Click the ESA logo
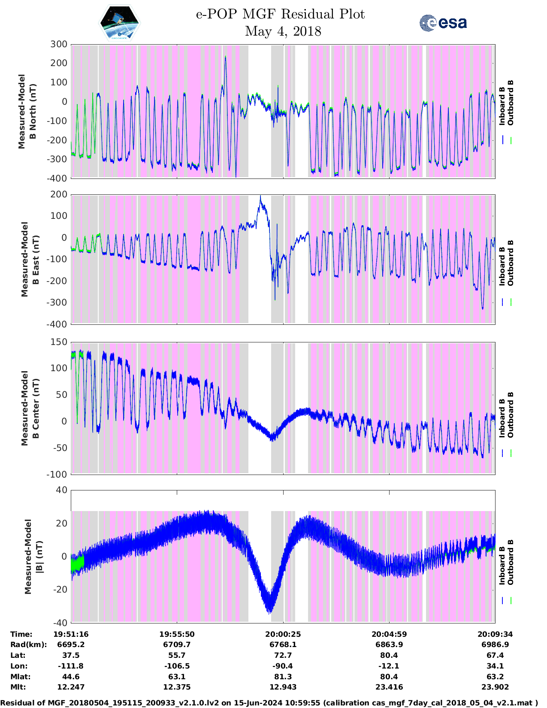pos(443,23)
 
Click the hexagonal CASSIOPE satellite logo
pos(119,23)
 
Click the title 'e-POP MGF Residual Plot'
pos(280,14)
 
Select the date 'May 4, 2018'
pos(283,31)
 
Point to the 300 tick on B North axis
pos(59,44)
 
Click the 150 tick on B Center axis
pos(59,342)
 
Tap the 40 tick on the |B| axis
pos(62,490)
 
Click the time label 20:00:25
pos(283,634)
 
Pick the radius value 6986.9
pos(495,644)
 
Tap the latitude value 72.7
pos(283,655)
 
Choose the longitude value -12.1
pos(389,666)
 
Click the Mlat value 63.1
pos(177,677)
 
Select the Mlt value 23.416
pos(389,687)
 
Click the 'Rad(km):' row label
pos(28,644)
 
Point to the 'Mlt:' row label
pos(18,687)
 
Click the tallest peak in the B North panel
pos(225,57)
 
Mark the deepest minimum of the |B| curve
pos(269,611)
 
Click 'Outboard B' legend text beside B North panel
pos(510,103)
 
